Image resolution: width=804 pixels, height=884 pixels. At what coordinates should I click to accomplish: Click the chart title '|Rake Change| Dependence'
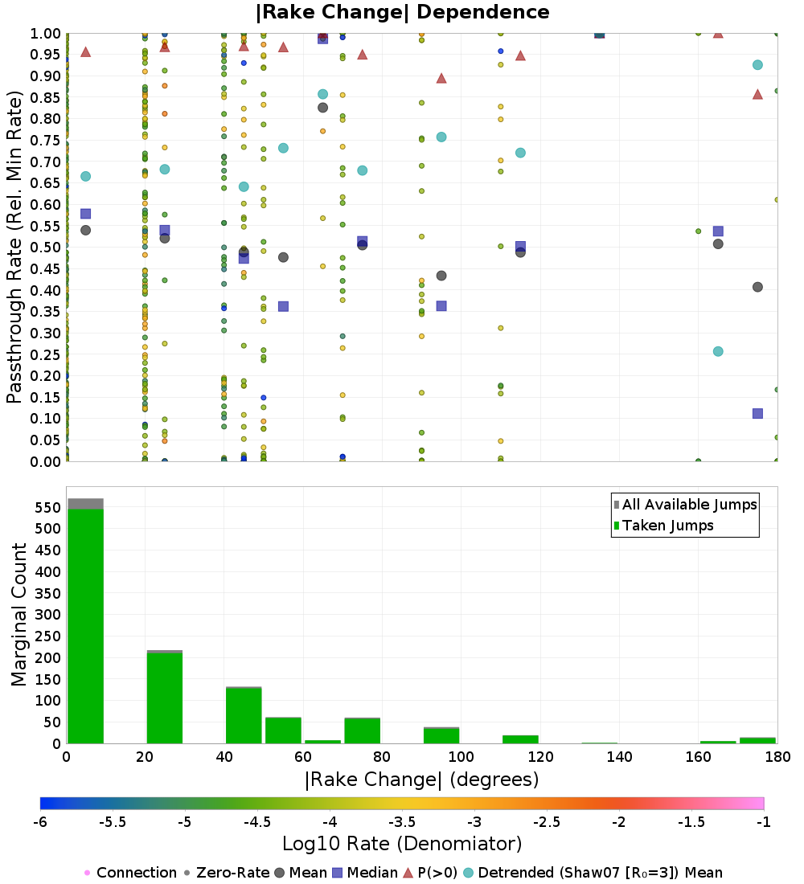pyautogui.click(x=402, y=12)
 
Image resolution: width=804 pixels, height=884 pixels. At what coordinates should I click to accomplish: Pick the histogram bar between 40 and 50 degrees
pyautogui.click(x=243, y=715)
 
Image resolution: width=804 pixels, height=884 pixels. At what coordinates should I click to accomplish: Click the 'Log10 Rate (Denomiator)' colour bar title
pyautogui.click(x=402, y=844)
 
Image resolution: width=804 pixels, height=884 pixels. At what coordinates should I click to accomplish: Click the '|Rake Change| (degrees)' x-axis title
pyautogui.click(x=421, y=780)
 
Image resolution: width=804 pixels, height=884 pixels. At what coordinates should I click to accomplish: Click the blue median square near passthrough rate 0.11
pyautogui.click(x=757, y=413)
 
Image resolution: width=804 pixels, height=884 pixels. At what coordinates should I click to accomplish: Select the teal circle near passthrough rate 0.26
pyautogui.click(x=718, y=351)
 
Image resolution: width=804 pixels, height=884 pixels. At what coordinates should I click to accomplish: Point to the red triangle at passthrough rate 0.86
pyautogui.click(x=757, y=94)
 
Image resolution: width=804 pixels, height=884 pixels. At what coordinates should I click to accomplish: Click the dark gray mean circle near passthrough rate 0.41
pyautogui.click(x=757, y=287)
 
